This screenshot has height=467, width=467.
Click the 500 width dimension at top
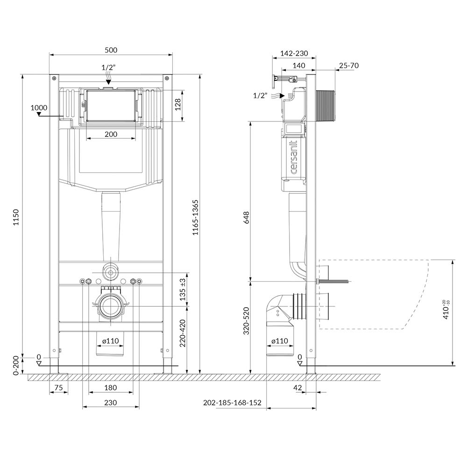click(111, 50)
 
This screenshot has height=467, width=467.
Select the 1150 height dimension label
click(16, 217)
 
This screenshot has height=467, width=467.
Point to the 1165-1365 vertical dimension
click(195, 218)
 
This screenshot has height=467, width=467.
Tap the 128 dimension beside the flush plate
click(178, 105)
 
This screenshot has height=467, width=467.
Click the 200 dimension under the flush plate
click(111, 134)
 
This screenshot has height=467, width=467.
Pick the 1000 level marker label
click(39, 107)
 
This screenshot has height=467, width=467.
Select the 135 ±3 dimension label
click(183, 289)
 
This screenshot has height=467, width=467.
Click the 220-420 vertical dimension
click(183, 333)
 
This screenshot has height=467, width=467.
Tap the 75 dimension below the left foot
click(59, 388)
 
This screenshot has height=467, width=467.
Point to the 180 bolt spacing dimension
click(111, 388)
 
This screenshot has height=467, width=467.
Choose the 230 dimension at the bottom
click(111, 403)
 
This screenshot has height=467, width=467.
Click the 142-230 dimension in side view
click(294, 53)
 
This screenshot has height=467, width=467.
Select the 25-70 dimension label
click(349, 65)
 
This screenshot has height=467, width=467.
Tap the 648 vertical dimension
click(246, 218)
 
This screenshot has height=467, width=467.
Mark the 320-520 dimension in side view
click(246, 321)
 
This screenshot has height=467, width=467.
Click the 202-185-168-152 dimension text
click(232, 403)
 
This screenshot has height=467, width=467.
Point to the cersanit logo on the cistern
click(294, 157)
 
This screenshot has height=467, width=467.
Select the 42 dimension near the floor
click(297, 388)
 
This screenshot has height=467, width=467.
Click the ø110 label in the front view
click(111, 341)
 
